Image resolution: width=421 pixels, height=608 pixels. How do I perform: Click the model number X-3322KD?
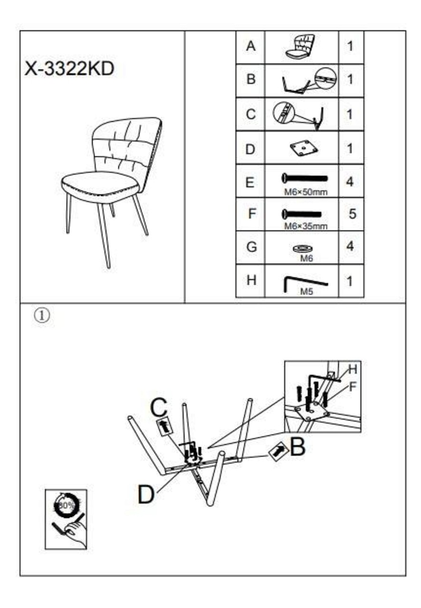tap(69, 69)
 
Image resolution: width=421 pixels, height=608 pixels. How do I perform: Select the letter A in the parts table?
tap(250, 47)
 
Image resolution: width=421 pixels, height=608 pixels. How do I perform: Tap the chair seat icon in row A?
tap(301, 47)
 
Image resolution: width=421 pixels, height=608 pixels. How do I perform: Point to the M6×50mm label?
tap(306, 192)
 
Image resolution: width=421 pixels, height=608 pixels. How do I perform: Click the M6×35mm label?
tap(306, 226)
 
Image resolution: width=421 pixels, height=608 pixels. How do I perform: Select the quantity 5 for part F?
tap(352, 214)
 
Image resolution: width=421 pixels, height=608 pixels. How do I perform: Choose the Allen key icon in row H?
tap(305, 283)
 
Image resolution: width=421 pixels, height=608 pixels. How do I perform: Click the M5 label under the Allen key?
tap(306, 292)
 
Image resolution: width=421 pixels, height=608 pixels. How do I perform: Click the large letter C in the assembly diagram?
tap(159, 407)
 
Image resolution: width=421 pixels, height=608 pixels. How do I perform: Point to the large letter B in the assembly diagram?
tap(297, 447)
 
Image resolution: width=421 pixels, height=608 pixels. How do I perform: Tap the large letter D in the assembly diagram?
tap(146, 495)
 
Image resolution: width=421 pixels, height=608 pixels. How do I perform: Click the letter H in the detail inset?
tap(352, 369)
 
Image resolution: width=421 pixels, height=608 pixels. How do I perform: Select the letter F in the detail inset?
tap(352, 387)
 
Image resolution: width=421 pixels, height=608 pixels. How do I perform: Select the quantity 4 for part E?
tap(350, 181)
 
